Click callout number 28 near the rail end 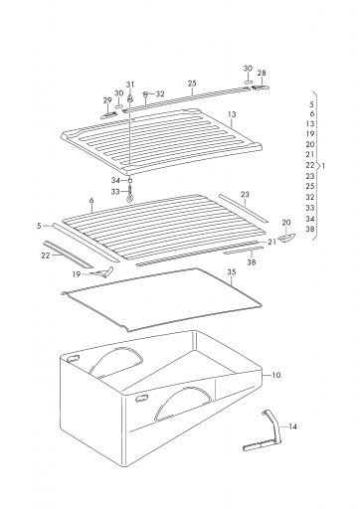pyautogui.click(x=262, y=73)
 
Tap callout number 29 pyautogui.click(x=107, y=100)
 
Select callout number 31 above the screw pyautogui.click(x=130, y=85)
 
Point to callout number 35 pyautogui.click(x=232, y=272)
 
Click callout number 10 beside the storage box pyautogui.click(x=276, y=375)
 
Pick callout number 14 pyautogui.click(x=292, y=426)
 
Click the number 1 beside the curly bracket pyautogui.click(x=323, y=165)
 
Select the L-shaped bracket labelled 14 pyautogui.click(x=264, y=430)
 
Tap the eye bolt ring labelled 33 pyautogui.click(x=129, y=200)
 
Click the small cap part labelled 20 pyautogui.click(x=285, y=238)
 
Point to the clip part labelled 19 pyautogui.click(x=102, y=272)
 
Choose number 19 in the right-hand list pyautogui.click(x=310, y=134)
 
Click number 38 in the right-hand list pyautogui.click(x=310, y=229)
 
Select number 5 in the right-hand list pyautogui.click(x=311, y=104)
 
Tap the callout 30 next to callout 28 pyautogui.click(x=248, y=69)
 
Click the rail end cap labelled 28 pyautogui.click(x=261, y=87)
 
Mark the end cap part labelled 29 pyautogui.click(x=108, y=115)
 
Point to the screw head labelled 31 pyautogui.click(x=130, y=98)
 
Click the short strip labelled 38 pyautogui.click(x=244, y=250)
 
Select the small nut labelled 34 pyautogui.click(x=130, y=181)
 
